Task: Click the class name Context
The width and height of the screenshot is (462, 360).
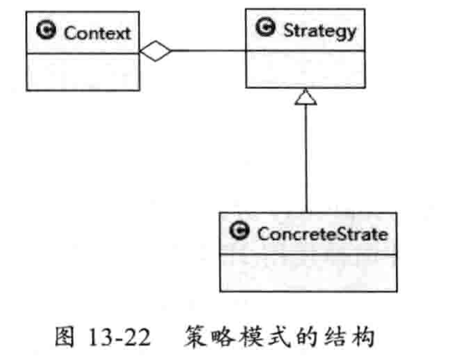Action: (97, 33)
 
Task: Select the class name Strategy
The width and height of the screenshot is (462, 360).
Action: (320, 31)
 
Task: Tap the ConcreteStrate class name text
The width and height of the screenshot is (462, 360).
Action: (322, 234)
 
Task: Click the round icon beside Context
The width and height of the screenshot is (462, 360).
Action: (46, 30)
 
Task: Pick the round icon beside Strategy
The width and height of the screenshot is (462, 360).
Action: (265, 27)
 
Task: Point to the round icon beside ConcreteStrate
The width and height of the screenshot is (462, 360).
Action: (239, 230)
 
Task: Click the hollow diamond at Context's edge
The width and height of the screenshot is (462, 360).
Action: (156, 51)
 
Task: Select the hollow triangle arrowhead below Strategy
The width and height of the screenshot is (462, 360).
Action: (305, 97)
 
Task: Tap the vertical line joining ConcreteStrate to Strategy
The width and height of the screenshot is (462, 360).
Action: (306, 158)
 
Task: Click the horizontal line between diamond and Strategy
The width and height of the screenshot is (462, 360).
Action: (208, 51)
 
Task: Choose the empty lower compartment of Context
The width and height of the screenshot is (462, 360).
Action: (83, 72)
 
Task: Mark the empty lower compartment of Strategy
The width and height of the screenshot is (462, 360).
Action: (305, 69)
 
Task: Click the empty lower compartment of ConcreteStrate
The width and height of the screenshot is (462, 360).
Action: (308, 273)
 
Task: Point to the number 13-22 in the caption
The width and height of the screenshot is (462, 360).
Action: (120, 337)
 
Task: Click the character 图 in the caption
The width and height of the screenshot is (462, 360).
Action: (64, 337)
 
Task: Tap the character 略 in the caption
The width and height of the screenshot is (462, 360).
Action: (223, 337)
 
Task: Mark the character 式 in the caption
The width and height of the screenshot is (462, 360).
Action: (280, 337)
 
